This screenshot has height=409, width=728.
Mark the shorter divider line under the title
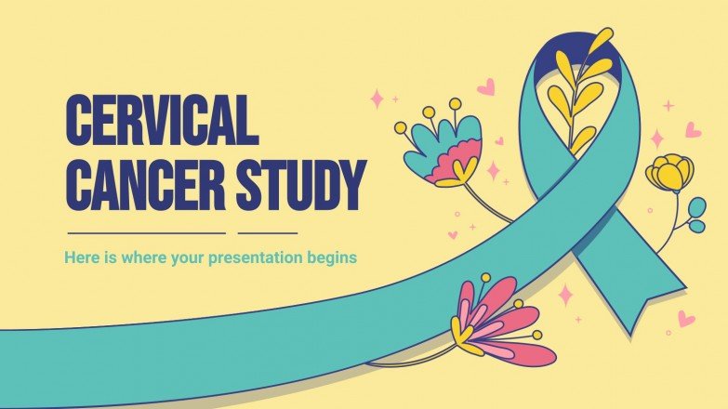click(x=268, y=232)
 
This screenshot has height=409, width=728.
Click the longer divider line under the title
click(x=147, y=232)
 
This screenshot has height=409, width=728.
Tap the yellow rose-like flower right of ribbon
click(x=670, y=173)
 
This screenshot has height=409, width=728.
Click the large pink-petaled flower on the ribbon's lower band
click(x=502, y=321)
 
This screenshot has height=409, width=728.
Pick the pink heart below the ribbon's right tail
click(x=686, y=319)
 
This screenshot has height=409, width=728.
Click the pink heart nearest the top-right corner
click(x=694, y=129)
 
